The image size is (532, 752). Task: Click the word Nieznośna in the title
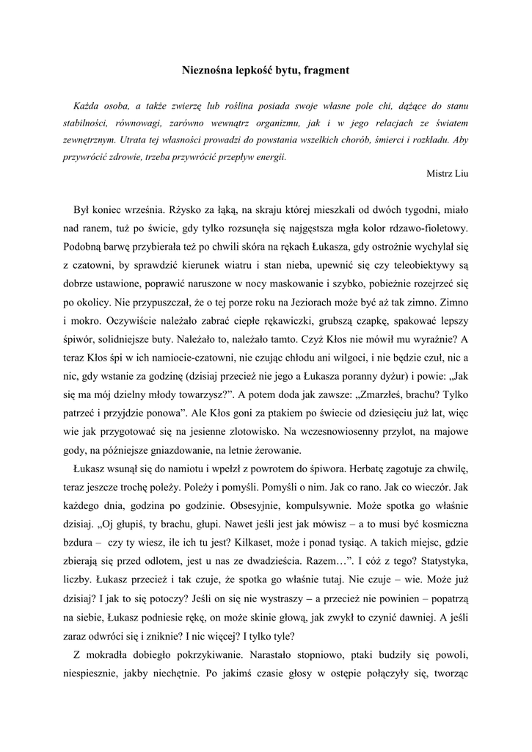pyautogui.click(x=207, y=71)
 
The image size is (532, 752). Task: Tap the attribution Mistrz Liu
pyautogui.click(x=447, y=173)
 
